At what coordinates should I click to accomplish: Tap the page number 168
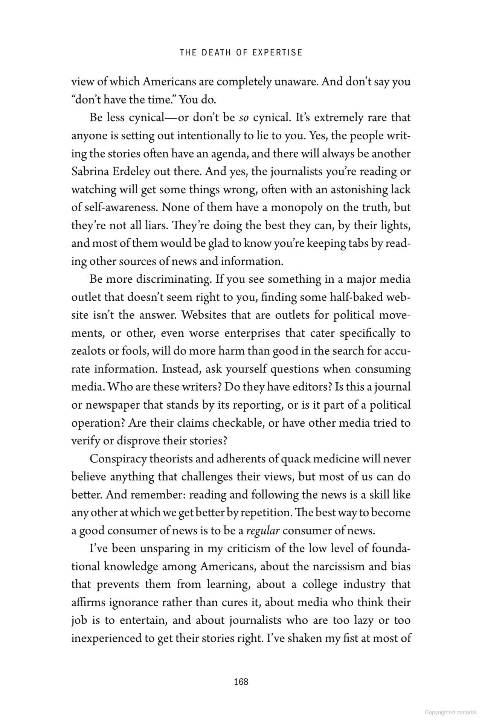point(241,681)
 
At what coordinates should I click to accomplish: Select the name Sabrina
point(89,172)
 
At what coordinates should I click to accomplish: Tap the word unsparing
point(164,549)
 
